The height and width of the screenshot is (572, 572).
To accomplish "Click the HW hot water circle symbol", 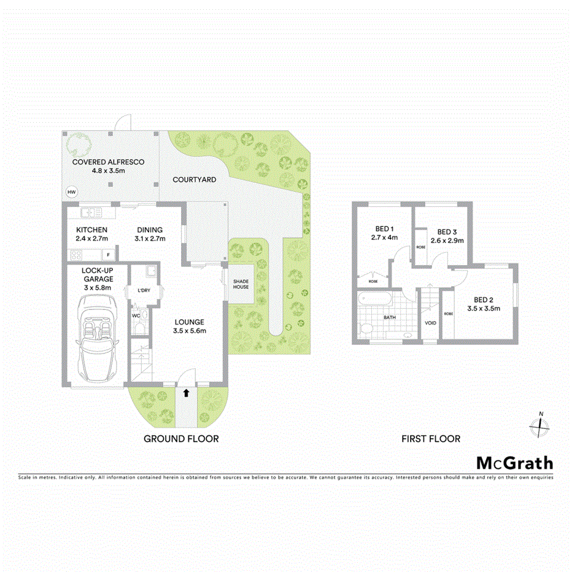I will click(x=72, y=191).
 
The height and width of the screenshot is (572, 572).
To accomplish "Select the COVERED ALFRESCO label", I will click(x=108, y=162).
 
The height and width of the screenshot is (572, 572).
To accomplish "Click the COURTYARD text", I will click(x=194, y=180).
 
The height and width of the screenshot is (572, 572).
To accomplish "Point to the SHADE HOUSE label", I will click(x=241, y=284).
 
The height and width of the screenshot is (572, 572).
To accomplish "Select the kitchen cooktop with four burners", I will click(x=78, y=254).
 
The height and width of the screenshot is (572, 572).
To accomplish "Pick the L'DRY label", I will click(x=144, y=290).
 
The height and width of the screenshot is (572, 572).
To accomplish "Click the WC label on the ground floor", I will click(x=136, y=315).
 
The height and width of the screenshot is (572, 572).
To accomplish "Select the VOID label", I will click(x=430, y=323).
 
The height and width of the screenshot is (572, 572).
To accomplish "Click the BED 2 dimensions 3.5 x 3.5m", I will click(x=484, y=309).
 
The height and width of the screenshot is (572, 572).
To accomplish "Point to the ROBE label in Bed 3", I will click(x=420, y=247).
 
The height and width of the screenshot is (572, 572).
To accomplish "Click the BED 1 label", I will click(x=384, y=228).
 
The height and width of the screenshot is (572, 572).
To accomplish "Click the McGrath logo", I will click(x=514, y=463).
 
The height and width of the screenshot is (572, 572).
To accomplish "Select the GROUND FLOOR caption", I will click(x=181, y=439).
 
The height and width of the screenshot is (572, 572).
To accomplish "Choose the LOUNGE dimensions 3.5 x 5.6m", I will click(x=189, y=331).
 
